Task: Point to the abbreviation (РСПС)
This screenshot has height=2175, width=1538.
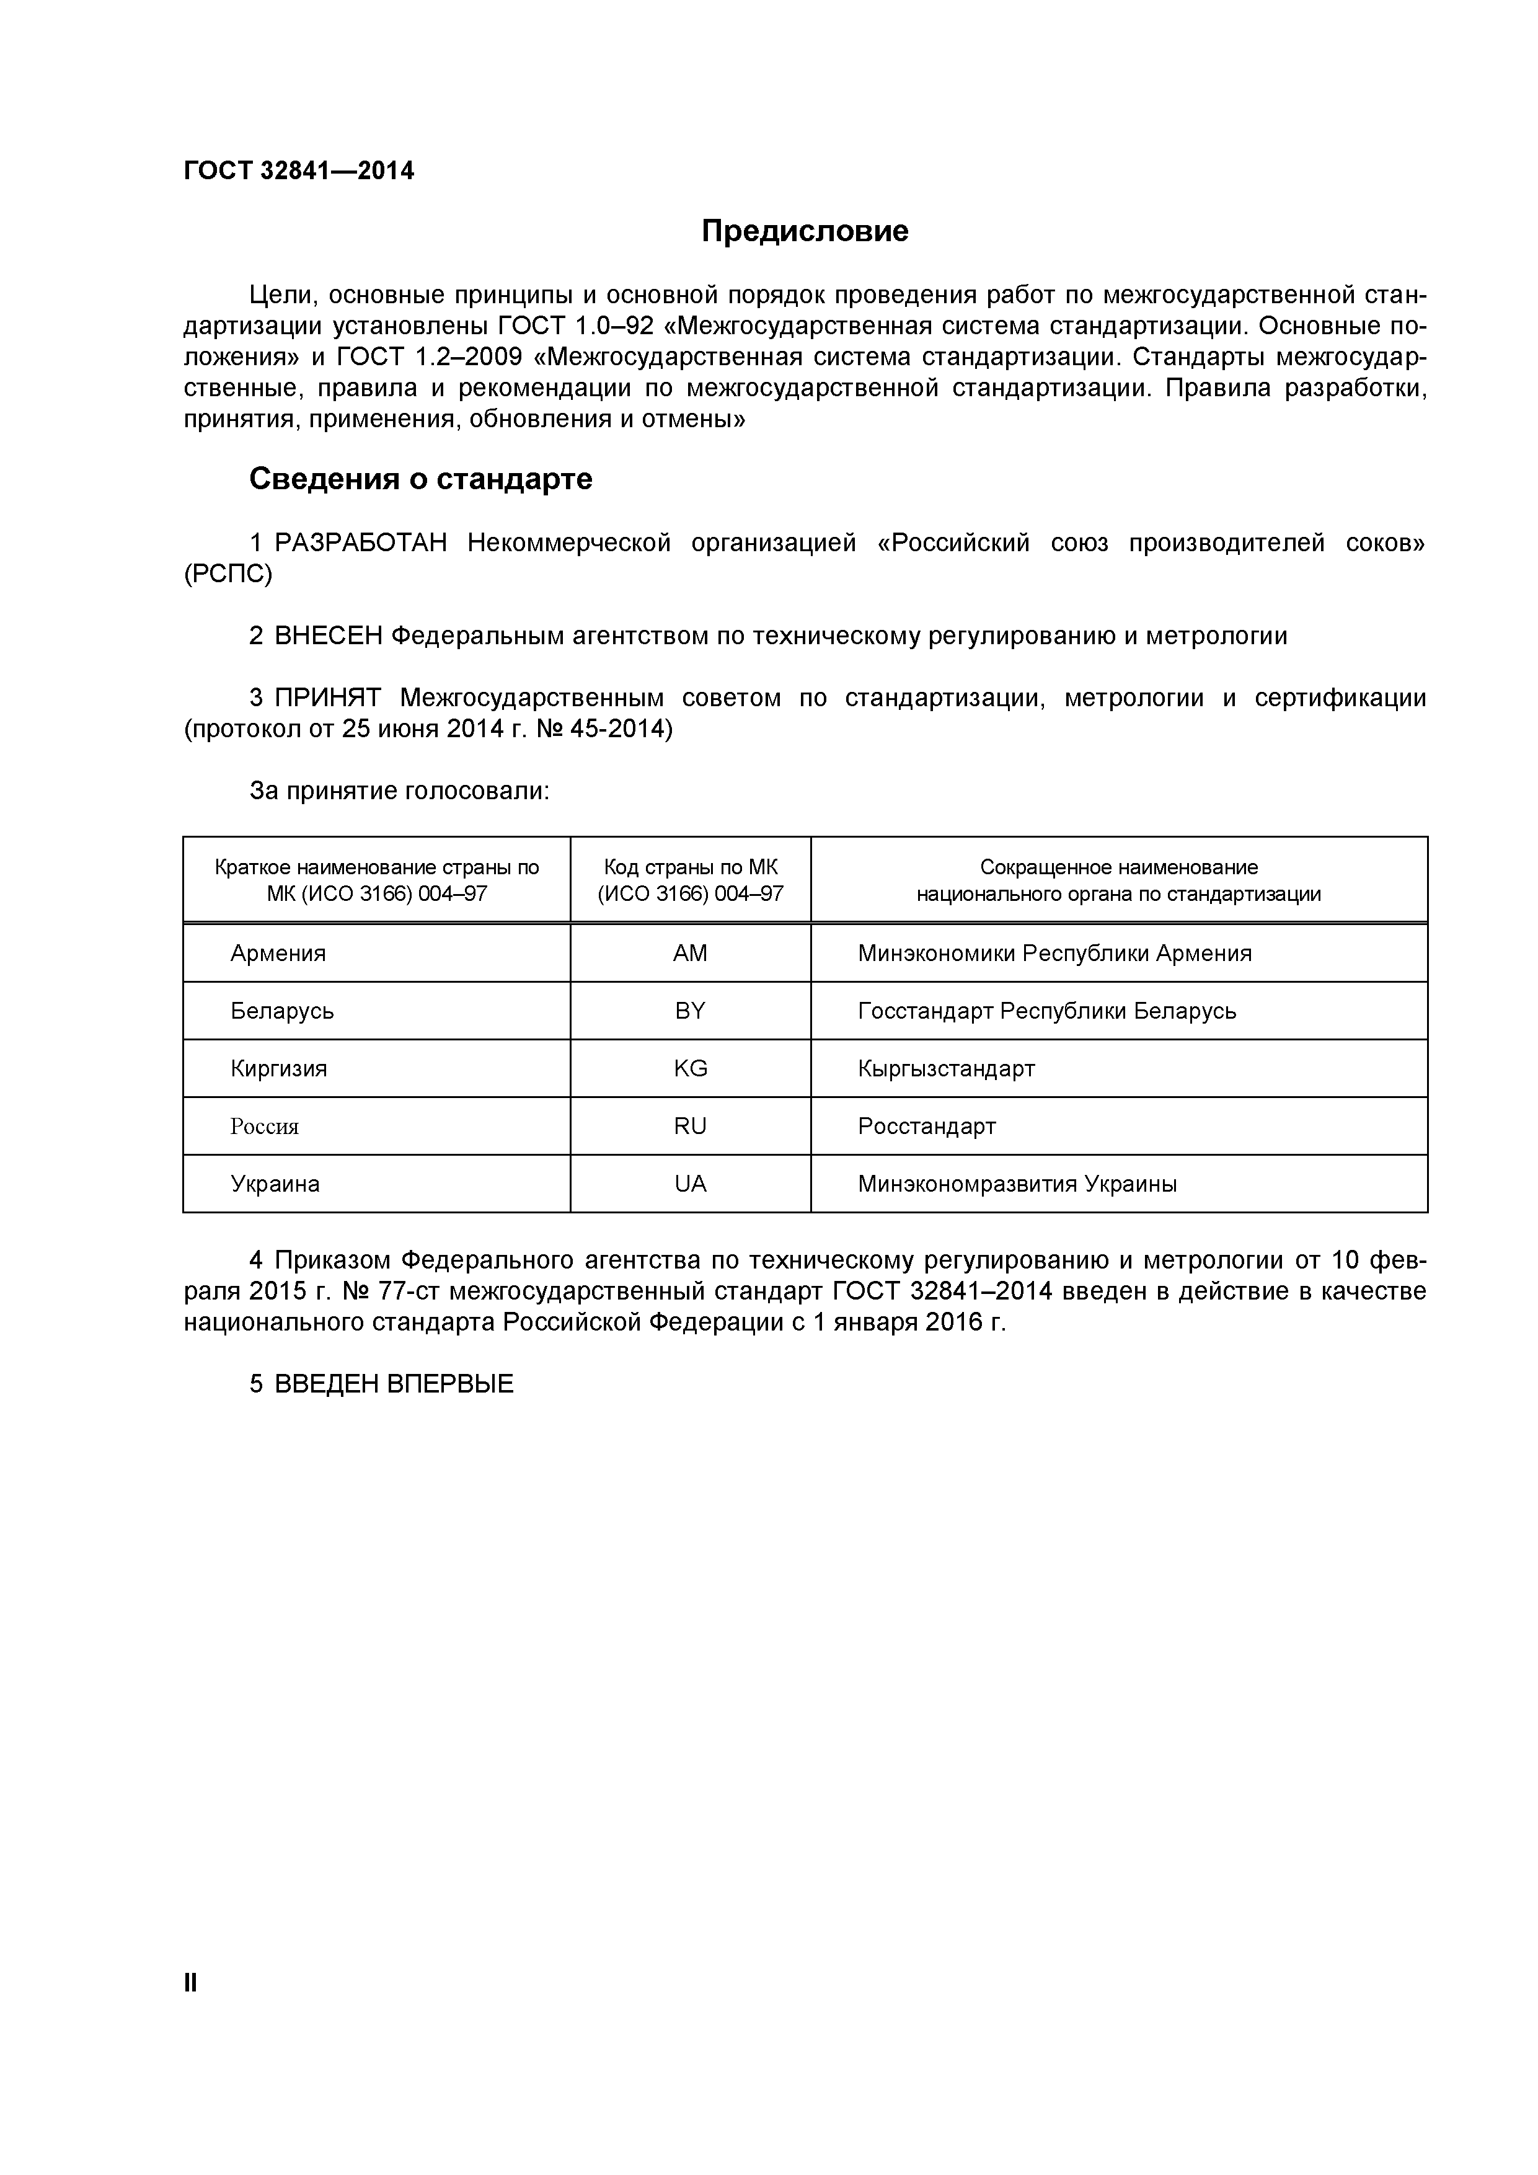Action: (x=228, y=574)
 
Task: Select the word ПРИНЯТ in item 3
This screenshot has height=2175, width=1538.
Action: (x=328, y=698)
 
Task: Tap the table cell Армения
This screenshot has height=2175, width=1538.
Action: (x=278, y=953)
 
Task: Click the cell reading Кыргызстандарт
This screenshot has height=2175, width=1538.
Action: (x=946, y=1068)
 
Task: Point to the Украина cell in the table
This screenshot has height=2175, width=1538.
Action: (x=275, y=1184)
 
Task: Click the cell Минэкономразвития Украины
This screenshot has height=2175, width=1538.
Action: (x=1017, y=1184)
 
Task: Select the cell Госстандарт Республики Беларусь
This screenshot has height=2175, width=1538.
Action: (x=1046, y=1011)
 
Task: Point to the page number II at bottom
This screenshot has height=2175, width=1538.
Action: (x=190, y=1983)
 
